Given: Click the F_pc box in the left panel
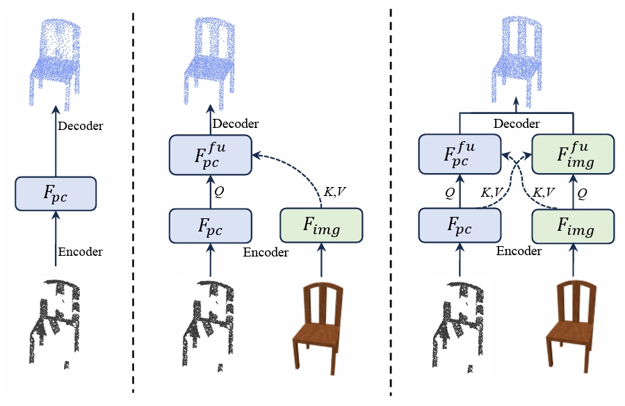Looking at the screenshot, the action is pos(56,194).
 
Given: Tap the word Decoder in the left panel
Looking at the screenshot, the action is pos(81,126).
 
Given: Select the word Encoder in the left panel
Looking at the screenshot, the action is pos(81,252).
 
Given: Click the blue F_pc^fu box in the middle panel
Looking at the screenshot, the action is pos(211,155).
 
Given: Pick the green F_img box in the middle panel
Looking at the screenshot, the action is pos(321,225).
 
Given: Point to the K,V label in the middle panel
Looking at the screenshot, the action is pos(335,192).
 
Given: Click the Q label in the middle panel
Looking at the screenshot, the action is pos(219,192).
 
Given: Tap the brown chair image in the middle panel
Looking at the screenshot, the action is pos(318,328).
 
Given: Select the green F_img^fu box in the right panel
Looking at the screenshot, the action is pos(573,154).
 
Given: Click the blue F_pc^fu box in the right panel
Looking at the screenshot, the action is pos(460,154).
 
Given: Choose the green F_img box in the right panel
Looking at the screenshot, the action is pos(573,226).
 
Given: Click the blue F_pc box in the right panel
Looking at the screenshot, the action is pos(460,225).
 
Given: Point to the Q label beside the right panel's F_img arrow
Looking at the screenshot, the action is pos(583,193).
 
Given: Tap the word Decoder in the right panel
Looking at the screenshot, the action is pos(517,124).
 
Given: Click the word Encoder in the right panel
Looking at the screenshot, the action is pos(519,251).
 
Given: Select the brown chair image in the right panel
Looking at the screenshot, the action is pos(571,327).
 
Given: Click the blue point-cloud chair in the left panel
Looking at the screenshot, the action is pos(56,64).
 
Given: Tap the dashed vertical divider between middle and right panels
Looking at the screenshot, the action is pos(391,202).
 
